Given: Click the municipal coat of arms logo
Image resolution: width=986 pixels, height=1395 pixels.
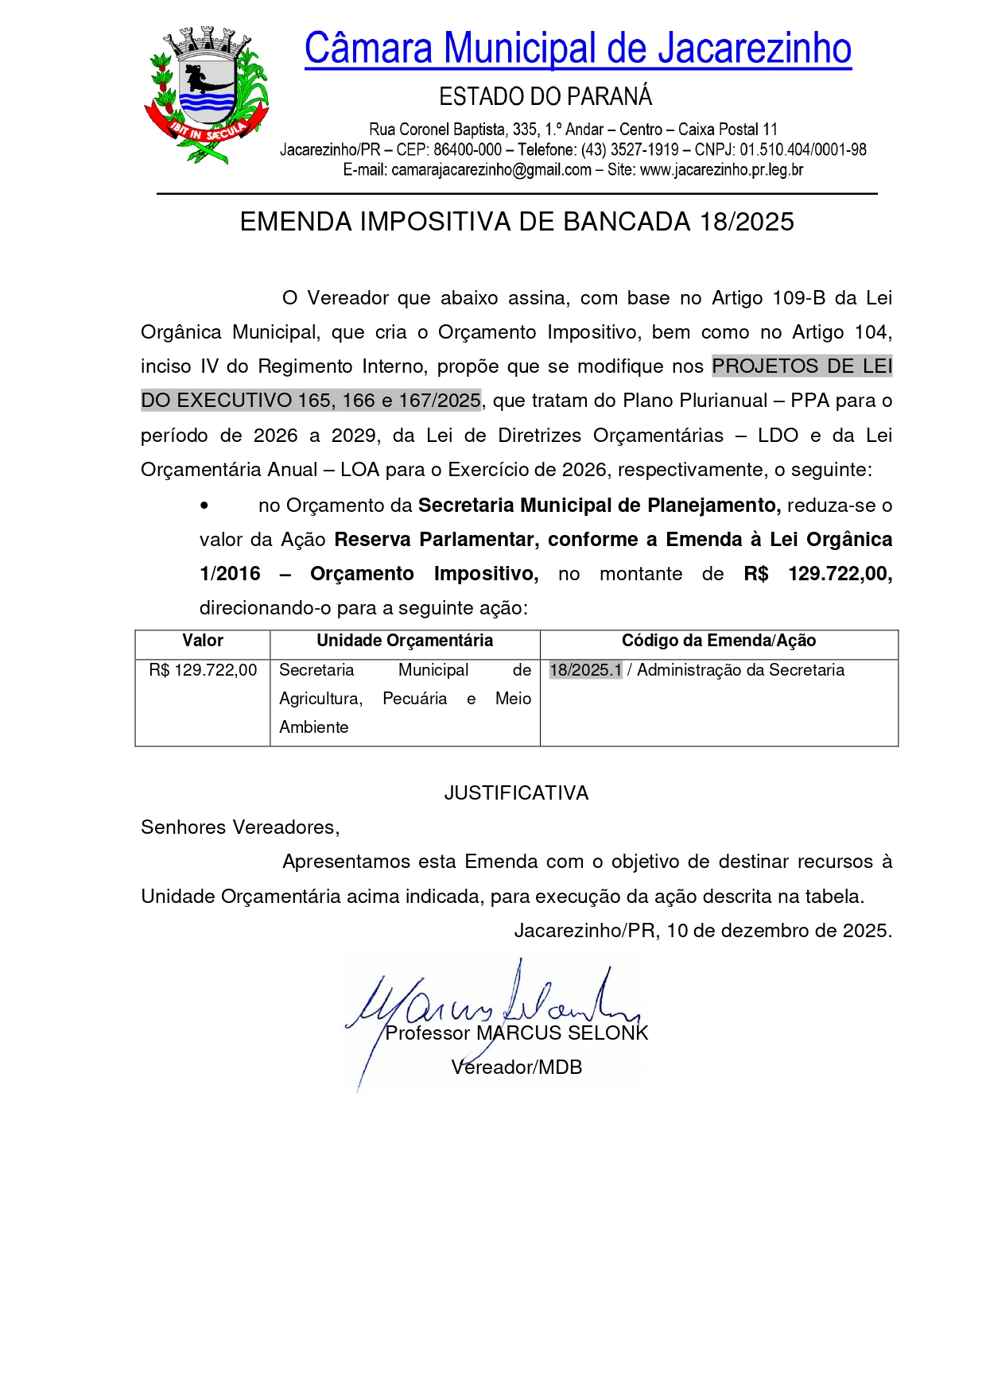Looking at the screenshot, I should tap(206, 95).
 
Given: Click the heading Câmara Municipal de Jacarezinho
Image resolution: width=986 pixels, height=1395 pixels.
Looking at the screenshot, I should tap(577, 48).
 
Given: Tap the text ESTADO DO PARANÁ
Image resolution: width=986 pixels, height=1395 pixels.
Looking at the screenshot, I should tap(545, 97).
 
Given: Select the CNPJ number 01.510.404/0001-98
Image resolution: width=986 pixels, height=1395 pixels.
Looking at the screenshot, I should tap(803, 149).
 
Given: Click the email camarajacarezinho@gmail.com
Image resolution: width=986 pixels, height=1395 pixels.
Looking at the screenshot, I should tap(491, 169).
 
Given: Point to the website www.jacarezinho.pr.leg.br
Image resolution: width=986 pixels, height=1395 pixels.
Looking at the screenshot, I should tap(721, 169).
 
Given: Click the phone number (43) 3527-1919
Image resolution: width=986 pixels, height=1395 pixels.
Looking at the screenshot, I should tap(630, 149).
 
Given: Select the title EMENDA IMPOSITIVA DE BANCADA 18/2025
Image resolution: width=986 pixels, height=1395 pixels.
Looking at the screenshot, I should tap(517, 222).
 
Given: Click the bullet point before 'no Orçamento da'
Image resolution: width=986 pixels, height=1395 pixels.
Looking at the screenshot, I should tap(205, 506).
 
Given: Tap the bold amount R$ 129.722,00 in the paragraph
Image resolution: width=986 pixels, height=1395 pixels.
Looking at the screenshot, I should tap(817, 574).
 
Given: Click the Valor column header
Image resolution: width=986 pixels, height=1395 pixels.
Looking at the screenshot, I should tap(203, 641).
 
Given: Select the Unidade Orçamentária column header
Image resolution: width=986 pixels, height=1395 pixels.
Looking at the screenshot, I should tap(405, 641).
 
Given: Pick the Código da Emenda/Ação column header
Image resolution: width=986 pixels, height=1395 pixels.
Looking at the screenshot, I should tap(718, 641).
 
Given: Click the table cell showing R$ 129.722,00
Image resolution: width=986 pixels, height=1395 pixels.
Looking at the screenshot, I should tap(203, 670).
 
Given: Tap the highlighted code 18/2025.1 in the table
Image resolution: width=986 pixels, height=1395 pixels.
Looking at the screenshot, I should tap(585, 670).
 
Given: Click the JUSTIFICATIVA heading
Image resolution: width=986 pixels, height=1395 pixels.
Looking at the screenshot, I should tap(516, 793).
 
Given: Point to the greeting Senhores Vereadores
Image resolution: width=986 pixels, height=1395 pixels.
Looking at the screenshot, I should tap(240, 827).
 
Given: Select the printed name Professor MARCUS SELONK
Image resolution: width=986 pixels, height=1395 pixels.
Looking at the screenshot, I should tap(517, 1033).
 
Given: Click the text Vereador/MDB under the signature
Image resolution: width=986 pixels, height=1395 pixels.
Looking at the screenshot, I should tap(517, 1068).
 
